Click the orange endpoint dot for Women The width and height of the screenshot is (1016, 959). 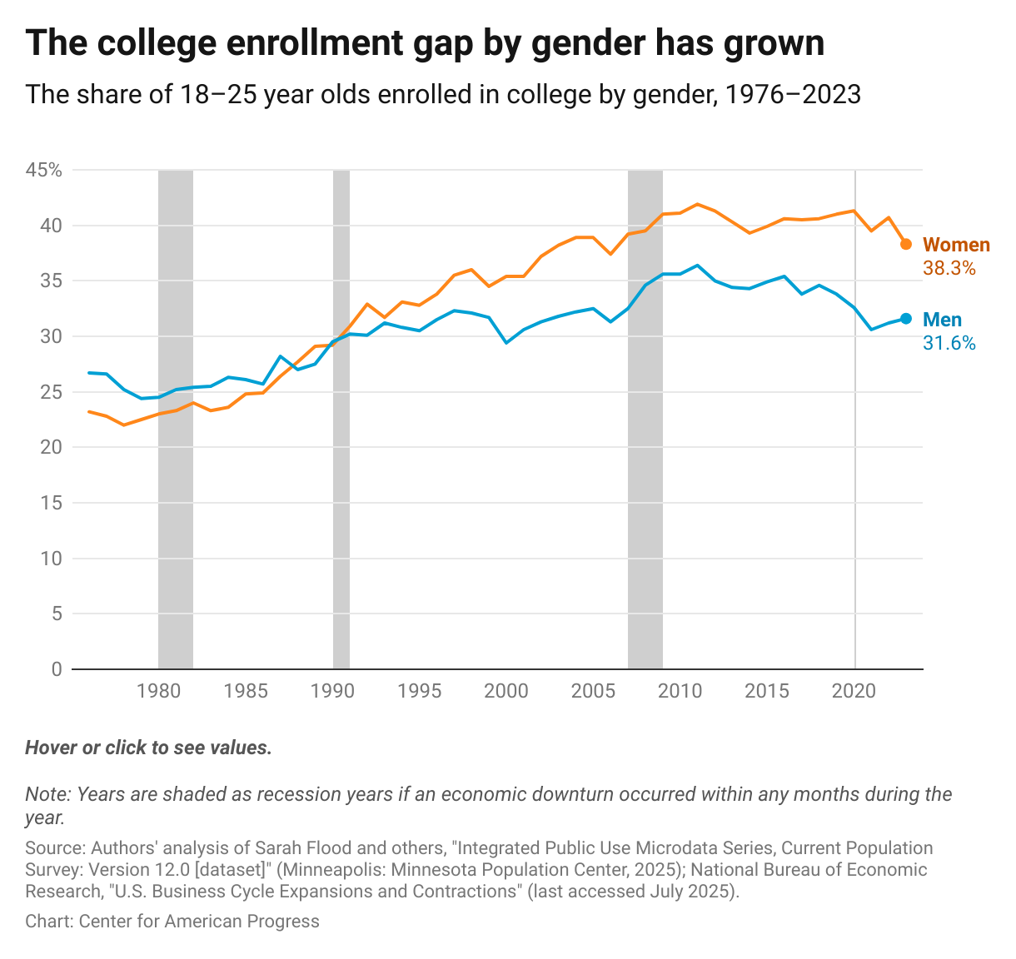[x=906, y=244]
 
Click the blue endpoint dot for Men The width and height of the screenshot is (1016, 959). [x=906, y=319]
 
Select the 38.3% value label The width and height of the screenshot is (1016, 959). [x=949, y=269]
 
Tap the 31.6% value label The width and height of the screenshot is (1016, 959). [x=949, y=343]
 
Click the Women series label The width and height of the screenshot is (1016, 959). [x=957, y=246]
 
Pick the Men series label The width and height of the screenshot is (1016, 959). [x=942, y=320]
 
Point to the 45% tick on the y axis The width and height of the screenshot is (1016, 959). [x=44, y=171]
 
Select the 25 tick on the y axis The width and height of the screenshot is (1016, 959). [x=52, y=392]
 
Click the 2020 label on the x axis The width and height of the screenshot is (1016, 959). [x=855, y=691]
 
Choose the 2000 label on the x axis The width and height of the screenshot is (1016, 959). [x=506, y=691]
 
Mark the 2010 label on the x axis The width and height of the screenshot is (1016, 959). [x=680, y=691]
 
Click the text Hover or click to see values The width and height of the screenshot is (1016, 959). [x=148, y=748]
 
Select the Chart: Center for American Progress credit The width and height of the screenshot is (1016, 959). [x=172, y=921]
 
